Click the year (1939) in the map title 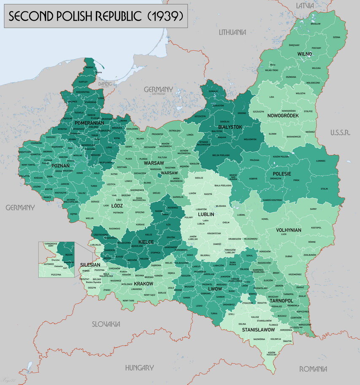pyautogui.click(x=165, y=16)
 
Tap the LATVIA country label pyautogui.click(x=305, y=5)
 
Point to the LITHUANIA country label pyautogui.click(x=232, y=32)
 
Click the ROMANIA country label pyautogui.click(x=313, y=369)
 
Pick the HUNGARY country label pyautogui.click(x=139, y=368)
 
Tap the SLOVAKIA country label pyautogui.click(x=106, y=324)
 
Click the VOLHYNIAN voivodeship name pyautogui.click(x=289, y=230)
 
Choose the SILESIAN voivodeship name pyautogui.click(x=90, y=265)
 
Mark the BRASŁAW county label pyautogui.click(x=316, y=24)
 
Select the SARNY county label pyautogui.click(x=313, y=209)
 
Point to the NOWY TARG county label pyautogui.click(x=128, y=300)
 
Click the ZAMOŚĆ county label pyautogui.click(x=217, y=244)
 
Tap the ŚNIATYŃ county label pyautogui.click(x=287, y=341)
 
